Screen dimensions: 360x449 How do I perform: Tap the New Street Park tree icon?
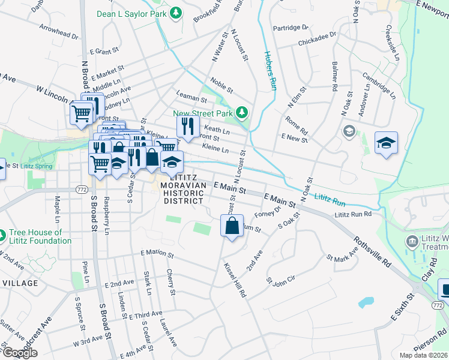241,113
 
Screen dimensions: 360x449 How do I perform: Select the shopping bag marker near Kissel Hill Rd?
232,227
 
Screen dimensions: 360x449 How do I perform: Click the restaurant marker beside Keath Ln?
187,126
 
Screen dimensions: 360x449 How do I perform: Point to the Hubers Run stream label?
271,67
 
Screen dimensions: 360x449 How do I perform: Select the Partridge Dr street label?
290,28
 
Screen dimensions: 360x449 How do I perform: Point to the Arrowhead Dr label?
59,32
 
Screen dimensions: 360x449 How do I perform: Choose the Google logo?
20,353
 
